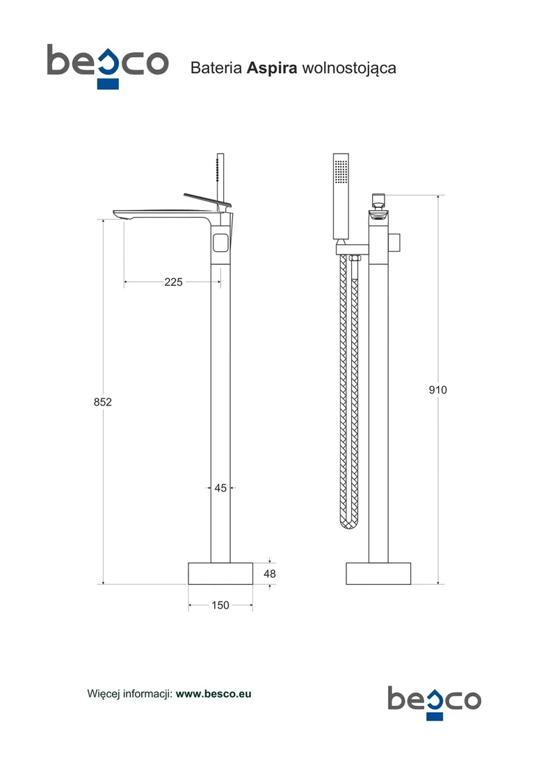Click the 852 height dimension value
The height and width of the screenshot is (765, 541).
[102, 402]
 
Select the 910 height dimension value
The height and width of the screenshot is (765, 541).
[437, 390]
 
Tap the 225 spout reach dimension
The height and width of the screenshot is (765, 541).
[173, 282]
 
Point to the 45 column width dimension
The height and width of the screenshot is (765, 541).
[220, 488]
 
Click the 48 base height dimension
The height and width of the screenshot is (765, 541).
[270, 574]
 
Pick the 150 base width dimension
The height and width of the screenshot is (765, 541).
[220, 605]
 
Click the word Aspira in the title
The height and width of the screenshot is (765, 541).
[272, 68]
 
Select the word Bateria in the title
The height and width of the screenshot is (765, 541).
[216, 68]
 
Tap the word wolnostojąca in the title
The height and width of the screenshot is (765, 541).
[349, 68]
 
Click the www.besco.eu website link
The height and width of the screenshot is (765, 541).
[213, 694]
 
